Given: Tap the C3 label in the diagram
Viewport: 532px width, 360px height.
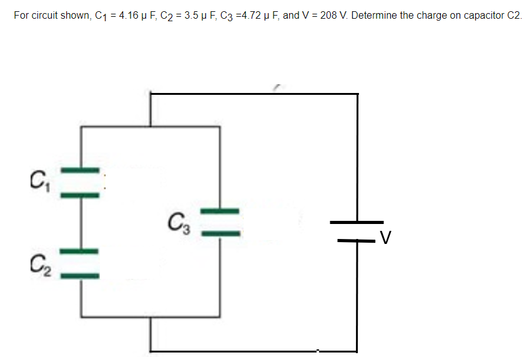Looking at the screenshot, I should point(177,221).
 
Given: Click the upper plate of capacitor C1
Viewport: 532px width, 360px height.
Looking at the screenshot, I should point(80,170).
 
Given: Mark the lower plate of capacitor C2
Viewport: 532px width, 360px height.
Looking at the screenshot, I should point(80,275).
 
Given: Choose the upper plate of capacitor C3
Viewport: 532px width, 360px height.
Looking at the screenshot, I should point(220,210).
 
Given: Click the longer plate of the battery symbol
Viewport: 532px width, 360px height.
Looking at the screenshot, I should point(357,222).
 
